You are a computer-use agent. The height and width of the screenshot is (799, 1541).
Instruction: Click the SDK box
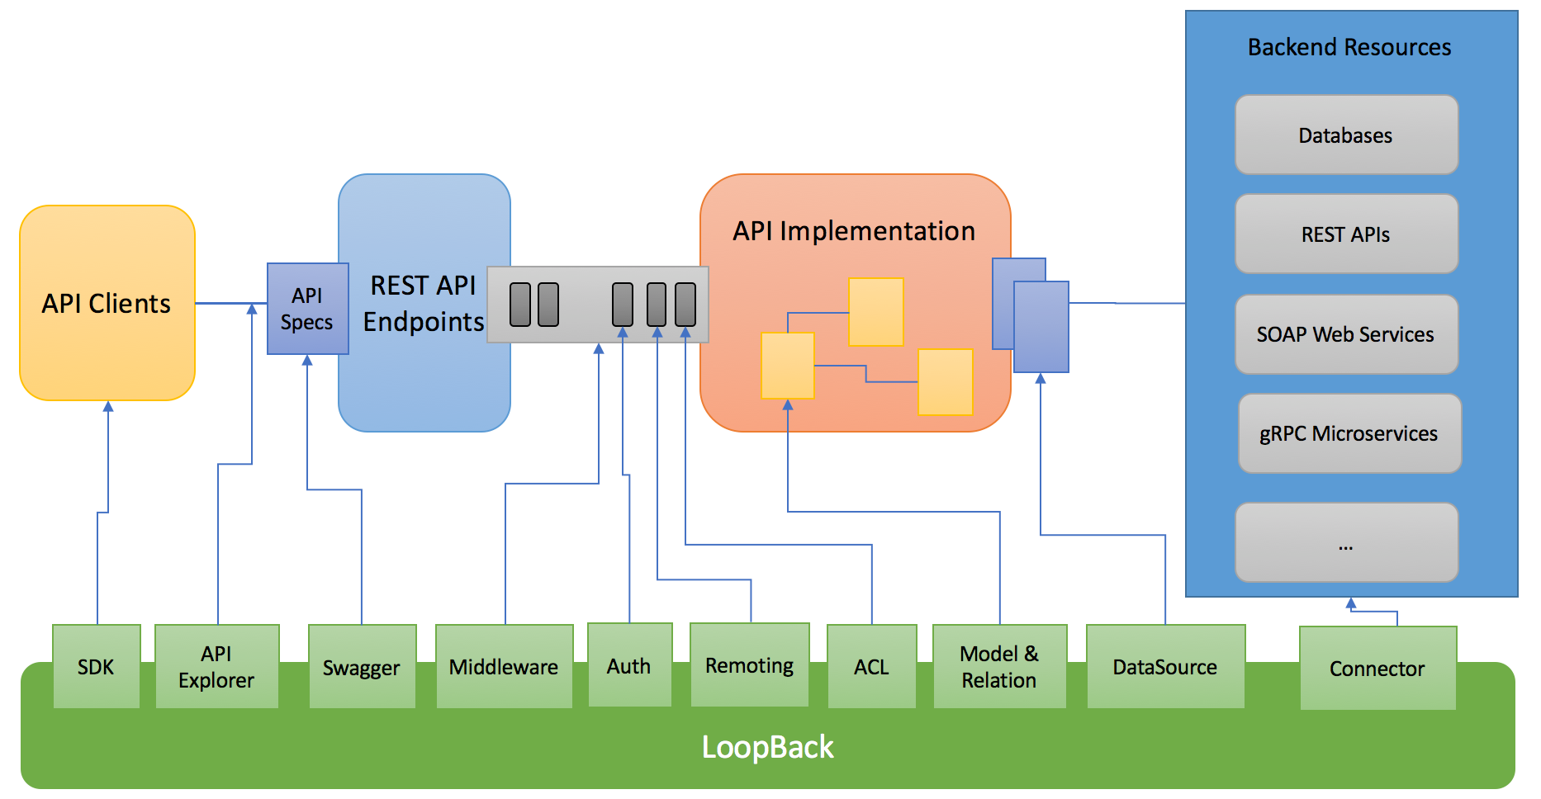pos(96,666)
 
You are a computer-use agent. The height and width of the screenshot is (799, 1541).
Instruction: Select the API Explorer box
pos(216,666)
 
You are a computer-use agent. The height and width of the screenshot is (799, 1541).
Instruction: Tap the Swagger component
pos(362,667)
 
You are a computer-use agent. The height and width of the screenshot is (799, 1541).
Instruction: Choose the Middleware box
pos(504,666)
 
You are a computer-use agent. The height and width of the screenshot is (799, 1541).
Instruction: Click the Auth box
pos(629,665)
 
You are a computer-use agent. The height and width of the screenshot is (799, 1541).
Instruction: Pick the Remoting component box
pos(749,665)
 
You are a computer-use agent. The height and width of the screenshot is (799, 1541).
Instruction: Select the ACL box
pos(871,666)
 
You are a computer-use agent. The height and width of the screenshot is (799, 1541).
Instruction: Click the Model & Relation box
pos(999,666)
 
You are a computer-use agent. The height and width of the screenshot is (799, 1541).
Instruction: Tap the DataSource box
pos(1165,666)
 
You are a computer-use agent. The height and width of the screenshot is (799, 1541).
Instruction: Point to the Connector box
pos(1377,668)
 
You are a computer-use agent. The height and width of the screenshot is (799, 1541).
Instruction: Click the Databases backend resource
pos(1346,135)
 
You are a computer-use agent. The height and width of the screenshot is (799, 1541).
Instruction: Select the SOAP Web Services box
pos(1346,334)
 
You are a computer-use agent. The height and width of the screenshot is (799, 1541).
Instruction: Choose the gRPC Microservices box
pos(1349,433)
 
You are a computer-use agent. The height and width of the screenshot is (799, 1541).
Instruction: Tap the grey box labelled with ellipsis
pos(1346,542)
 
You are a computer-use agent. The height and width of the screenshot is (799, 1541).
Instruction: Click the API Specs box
pos(307,309)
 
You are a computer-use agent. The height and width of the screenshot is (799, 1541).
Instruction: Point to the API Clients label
pos(107,304)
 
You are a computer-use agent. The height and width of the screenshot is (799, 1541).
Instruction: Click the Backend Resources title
pos(1349,47)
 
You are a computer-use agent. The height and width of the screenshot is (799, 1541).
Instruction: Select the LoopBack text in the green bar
pos(767,747)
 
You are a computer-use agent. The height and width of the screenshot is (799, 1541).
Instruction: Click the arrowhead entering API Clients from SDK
pos(108,406)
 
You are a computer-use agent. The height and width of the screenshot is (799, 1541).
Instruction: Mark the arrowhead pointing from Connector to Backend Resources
pos(1351,603)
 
